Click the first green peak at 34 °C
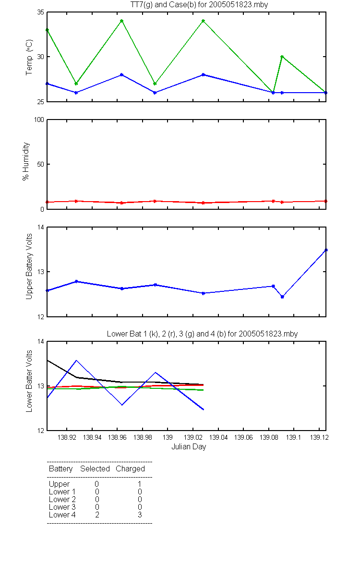(122, 21)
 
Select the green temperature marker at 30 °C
(282, 57)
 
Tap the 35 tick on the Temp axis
(41, 12)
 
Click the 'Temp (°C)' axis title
(29, 57)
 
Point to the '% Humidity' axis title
(26, 161)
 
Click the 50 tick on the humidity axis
(41, 164)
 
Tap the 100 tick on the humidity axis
(39, 120)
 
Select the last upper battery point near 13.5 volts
(326, 250)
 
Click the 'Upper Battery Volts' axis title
(29, 266)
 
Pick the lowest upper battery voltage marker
(282, 297)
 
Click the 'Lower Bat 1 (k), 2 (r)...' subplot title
(203, 334)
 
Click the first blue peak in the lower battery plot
(76, 360)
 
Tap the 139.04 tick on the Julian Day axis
(218, 437)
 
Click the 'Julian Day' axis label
(189, 447)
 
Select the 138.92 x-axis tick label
(67, 437)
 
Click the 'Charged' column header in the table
(130, 469)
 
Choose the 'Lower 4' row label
(62, 515)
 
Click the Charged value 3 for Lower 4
(140, 515)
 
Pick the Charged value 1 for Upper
(140, 484)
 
